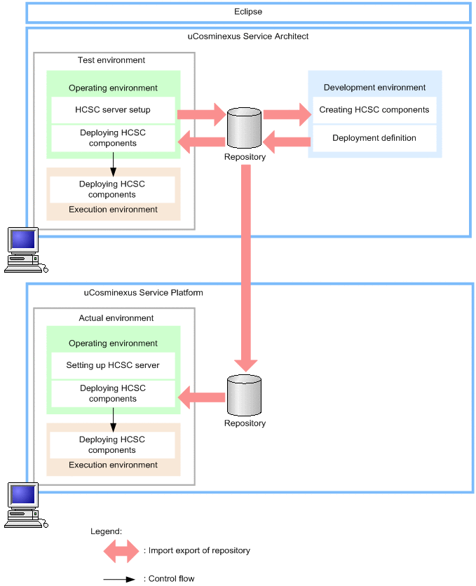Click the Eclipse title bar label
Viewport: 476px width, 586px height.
pyautogui.click(x=248, y=12)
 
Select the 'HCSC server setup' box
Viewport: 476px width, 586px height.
pyautogui.click(x=112, y=110)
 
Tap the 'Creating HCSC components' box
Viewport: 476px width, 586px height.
pyautogui.click(x=374, y=110)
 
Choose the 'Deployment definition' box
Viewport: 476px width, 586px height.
pyautogui.click(x=374, y=138)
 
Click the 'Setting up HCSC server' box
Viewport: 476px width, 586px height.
pyautogui.click(x=112, y=365)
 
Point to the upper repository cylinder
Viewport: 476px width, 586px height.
pyautogui.click(x=244, y=128)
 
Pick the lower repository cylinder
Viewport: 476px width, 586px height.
pyautogui.click(x=244, y=395)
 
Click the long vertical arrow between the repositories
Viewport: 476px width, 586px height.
pyautogui.click(x=245, y=266)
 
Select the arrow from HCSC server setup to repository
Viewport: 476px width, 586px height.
pyautogui.click(x=200, y=114)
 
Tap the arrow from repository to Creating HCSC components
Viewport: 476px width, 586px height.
pyautogui.click(x=287, y=114)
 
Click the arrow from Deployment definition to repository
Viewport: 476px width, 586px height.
pyautogui.click(x=287, y=142)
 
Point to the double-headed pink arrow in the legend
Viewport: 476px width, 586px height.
pyautogui.click(x=121, y=551)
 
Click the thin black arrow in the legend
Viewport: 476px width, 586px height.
pyautogui.click(x=118, y=579)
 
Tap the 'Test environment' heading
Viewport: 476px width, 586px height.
pyautogui.click(x=111, y=60)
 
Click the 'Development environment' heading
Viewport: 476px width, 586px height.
pyautogui.click(x=374, y=88)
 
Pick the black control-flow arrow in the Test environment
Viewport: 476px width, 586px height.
pyautogui.click(x=112, y=163)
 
